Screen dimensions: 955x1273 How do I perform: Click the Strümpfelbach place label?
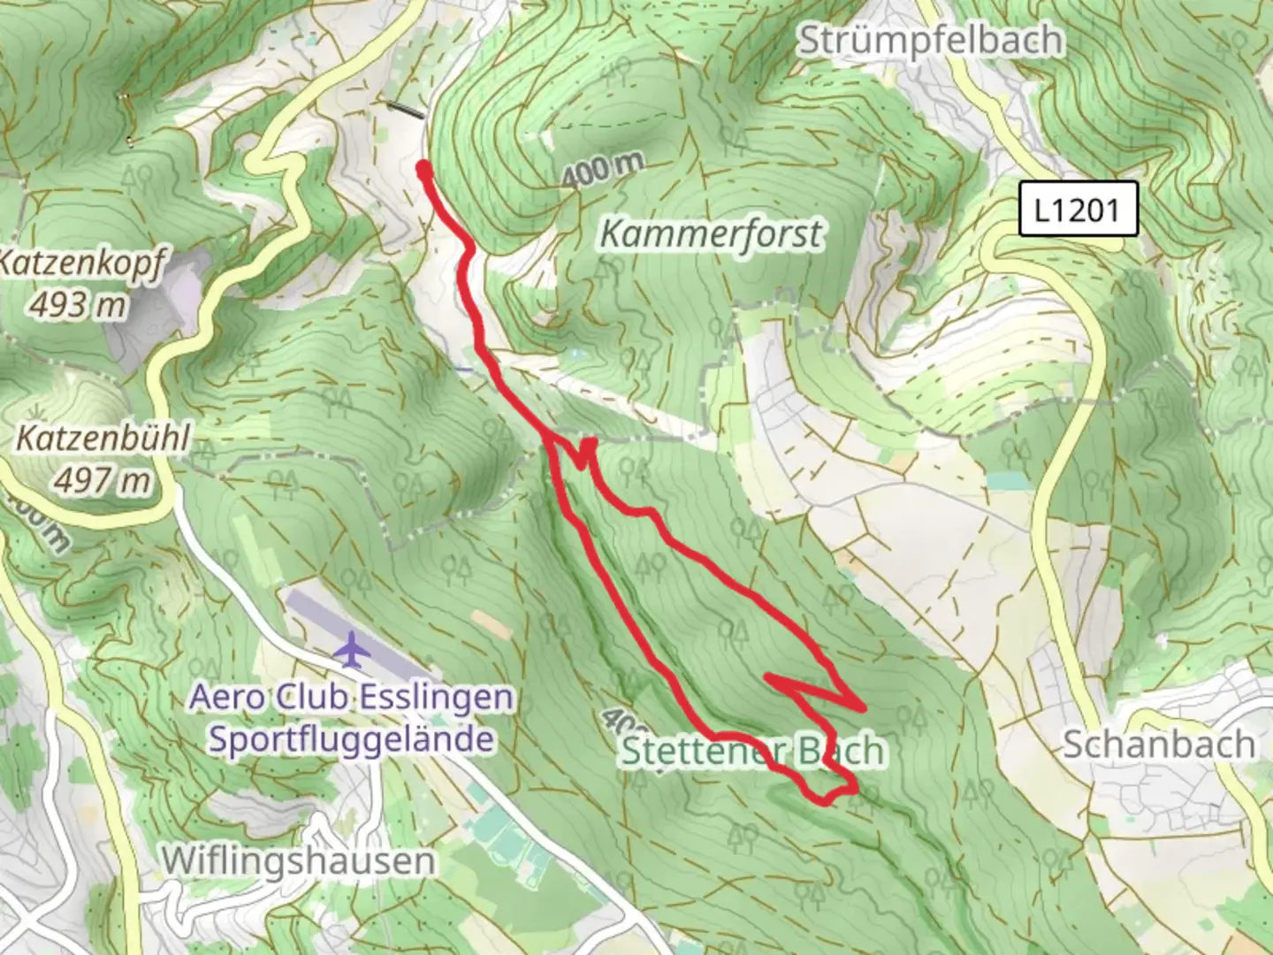click(930, 41)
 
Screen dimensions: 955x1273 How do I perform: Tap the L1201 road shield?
click(1077, 210)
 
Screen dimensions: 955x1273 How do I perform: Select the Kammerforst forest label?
click(711, 234)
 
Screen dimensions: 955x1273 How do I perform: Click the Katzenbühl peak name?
click(103, 439)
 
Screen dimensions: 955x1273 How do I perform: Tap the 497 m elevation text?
click(102, 480)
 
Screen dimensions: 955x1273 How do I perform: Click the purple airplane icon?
click(353, 650)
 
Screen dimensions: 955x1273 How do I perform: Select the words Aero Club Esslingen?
click(351, 698)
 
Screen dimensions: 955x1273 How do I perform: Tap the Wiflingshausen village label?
click(299, 859)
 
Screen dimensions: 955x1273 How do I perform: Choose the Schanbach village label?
click(1158, 745)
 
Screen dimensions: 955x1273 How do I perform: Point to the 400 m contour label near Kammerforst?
click(602, 171)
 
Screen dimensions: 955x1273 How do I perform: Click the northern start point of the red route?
click(423, 166)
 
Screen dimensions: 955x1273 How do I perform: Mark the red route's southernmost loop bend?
click(827, 801)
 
